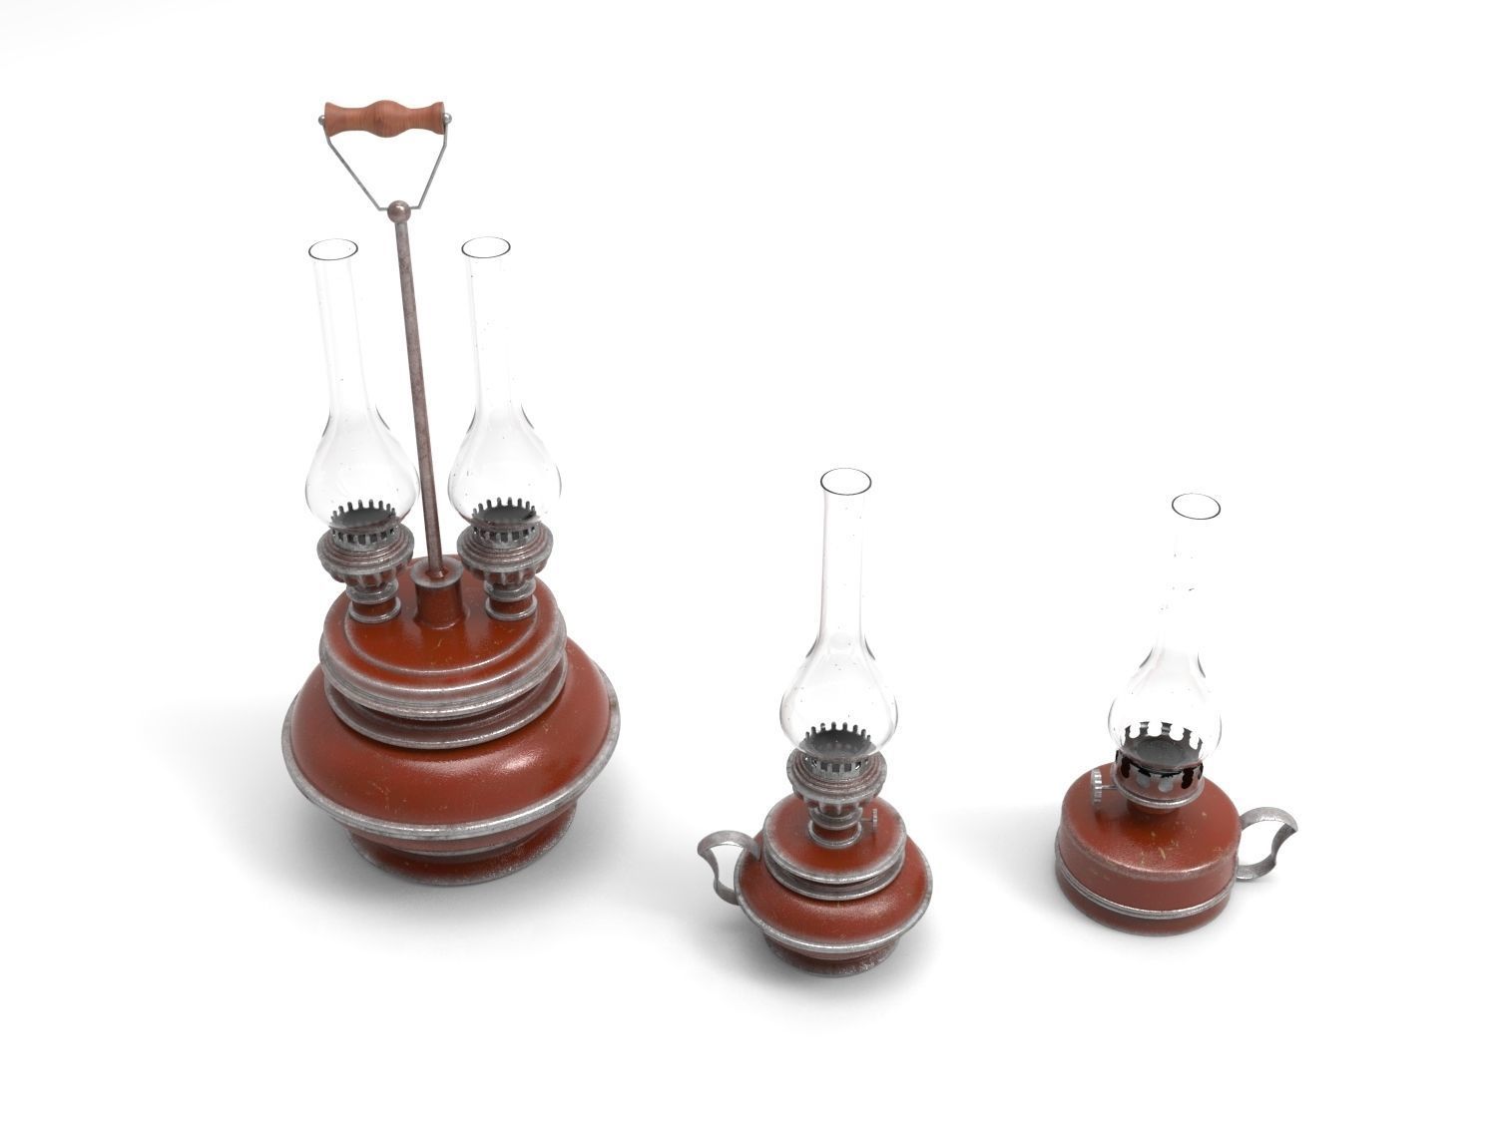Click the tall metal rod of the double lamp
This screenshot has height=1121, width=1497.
pyautogui.click(x=419, y=399)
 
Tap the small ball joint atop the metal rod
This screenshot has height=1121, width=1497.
pyautogui.click(x=397, y=209)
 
